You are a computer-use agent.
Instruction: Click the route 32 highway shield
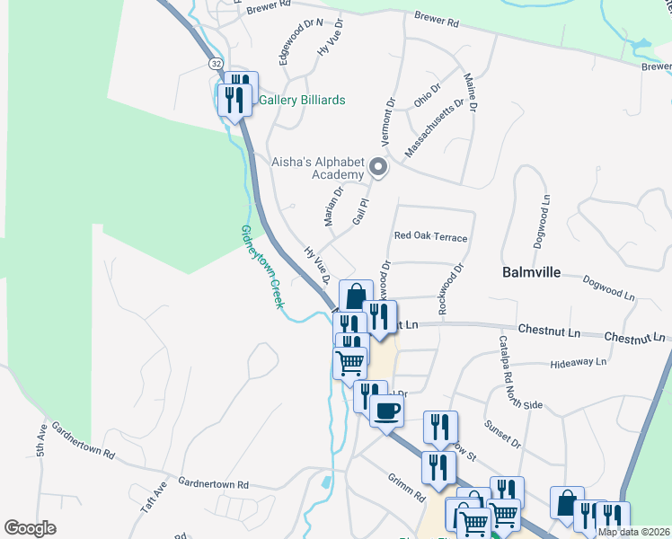click(216, 64)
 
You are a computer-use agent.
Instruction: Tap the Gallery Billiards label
click(302, 101)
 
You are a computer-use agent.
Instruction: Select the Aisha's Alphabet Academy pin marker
click(378, 167)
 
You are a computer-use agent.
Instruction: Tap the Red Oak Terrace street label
click(430, 237)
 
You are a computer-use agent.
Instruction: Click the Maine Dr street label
click(470, 93)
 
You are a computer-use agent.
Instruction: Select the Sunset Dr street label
click(503, 431)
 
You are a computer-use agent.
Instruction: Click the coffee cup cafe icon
click(386, 411)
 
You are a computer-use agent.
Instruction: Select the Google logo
click(30, 528)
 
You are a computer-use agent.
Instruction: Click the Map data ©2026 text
click(633, 532)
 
